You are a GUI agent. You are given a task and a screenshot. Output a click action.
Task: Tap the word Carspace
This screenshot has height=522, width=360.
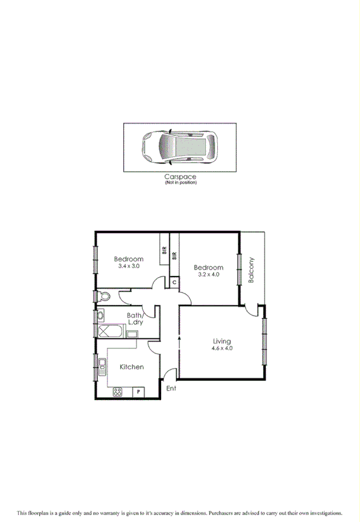click(180, 177)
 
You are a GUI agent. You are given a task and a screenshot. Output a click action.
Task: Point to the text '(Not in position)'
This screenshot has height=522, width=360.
click(180, 183)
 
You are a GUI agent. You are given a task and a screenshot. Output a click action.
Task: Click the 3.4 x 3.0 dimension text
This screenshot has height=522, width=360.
click(128, 266)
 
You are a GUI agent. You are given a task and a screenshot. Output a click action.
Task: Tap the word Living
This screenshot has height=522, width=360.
click(222, 341)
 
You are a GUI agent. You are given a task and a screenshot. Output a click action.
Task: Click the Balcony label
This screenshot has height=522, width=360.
click(251, 270)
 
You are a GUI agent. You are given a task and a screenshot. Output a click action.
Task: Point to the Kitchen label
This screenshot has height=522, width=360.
click(131, 367)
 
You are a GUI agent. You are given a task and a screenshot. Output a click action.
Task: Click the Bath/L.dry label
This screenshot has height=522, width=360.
click(136, 319)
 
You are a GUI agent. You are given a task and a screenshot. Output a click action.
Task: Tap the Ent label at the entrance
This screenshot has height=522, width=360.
click(171, 389)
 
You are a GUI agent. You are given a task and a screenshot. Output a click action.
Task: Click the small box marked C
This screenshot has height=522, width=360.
click(174, 283)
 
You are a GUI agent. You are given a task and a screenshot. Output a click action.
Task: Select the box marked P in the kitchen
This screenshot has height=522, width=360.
click(138, 392)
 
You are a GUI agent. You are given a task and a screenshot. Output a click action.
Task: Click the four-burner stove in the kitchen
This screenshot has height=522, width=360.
click(118, 392)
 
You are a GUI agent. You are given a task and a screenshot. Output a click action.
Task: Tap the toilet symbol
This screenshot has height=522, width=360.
click(103, 296)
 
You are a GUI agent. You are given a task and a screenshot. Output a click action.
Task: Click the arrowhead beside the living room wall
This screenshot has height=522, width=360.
click(179, 339)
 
